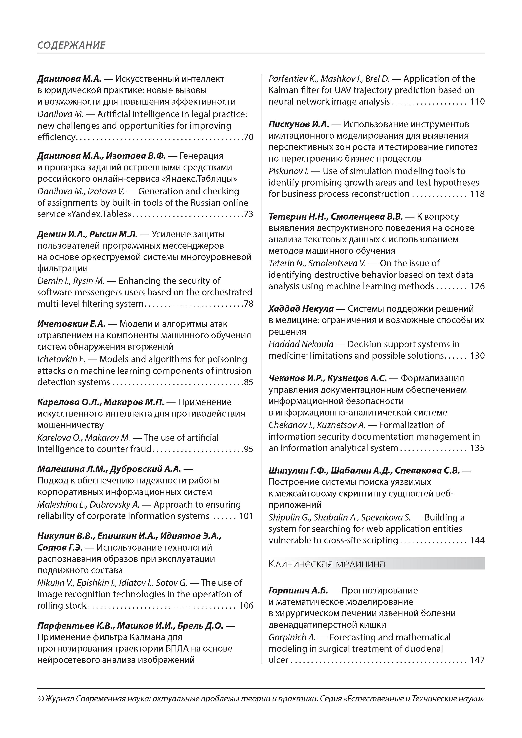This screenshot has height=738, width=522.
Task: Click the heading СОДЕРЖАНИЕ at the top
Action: pyautogui.click(x=71, y=45)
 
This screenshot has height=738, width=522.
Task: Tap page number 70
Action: pyautogui.click(x=249, y=137)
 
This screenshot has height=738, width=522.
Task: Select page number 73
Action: pyautogui.click(x=249, y=214)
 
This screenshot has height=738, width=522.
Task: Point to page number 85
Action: pyautogui.click(x=249, y=382)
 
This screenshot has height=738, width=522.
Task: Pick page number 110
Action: pyautogui.click(x=477, y=102)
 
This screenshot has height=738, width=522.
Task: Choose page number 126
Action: pyautogui.click(x=477, y=286)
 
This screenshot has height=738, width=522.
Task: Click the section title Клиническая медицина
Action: pyautogui.click(x=326, y=564)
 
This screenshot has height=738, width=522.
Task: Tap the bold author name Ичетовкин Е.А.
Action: pyautogui.click(x=71, y=324)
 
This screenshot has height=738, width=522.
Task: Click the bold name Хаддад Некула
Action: pyautogui.click(x=301, y=309)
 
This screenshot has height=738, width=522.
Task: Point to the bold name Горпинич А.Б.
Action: pyautogui.click(x=298, y=591)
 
